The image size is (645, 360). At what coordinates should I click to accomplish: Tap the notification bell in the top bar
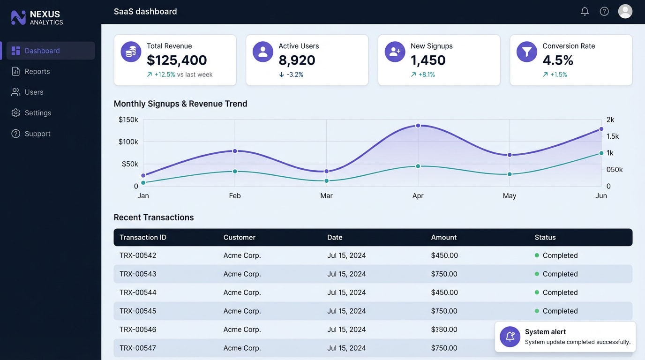pyautogui.click(x=585, y=11)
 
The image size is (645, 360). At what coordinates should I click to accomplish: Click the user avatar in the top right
pyautogui.click(x=625, y=11)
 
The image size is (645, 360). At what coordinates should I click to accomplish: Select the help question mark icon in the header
pyautogui.click(x=604, y=11)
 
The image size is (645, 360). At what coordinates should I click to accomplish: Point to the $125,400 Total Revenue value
pyautogui.click(x=177, y=60)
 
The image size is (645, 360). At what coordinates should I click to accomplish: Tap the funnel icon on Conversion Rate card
pyautogui.click(x=526, y=52)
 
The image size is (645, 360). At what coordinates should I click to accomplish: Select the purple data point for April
pyautogui.click(x=418, y=126)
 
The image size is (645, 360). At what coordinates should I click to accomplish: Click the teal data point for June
pyautogui.click(x=601, y=153)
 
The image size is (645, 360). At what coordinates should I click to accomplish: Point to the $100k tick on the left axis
pyautogui.click(x=128, y=142)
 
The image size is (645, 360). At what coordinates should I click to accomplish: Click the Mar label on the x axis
pyautogui.click(x=326, y=196)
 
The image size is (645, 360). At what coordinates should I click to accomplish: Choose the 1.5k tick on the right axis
pyautogui.click(x=613, y=136)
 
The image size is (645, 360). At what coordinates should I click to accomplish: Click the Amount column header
pyautogui.click(x=443, y=237)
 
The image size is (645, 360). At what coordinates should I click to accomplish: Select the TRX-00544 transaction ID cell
pyautogui.click(x=138, y=292)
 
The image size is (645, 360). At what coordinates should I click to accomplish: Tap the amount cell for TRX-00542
pyautogui.click(x=444, y=255)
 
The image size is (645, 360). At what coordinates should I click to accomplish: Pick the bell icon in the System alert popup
pyautogui.click(x=510, y=337)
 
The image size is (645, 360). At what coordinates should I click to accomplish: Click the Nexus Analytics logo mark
pyautogui.click(x=18, y=18)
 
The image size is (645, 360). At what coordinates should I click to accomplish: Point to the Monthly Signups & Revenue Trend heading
pyautogui.click(x=180, y=104)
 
